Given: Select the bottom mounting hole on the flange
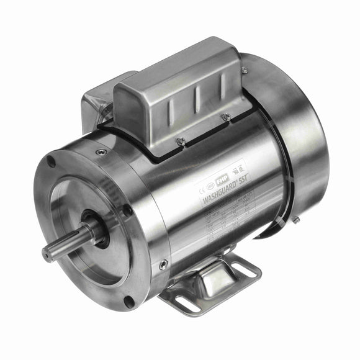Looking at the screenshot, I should [x=128, y=302].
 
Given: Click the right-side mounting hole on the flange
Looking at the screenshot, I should [x=127, y=210].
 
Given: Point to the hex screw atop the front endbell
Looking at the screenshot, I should [x=101, y=151].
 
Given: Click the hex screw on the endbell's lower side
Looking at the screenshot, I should [x=163, y=264].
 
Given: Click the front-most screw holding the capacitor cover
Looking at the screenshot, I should [x=181, y=142].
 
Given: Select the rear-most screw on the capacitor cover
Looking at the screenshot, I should [x=245, y=70].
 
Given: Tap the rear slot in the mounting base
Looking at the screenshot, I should [x=243, y=269].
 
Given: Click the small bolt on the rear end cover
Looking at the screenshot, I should [x=296, y=220].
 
